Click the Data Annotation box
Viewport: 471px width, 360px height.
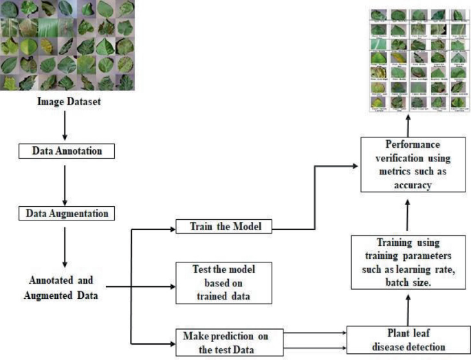tap(63, 149)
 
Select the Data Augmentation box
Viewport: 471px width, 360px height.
tap(63, 214)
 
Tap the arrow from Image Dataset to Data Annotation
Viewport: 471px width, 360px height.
tap(63, 126)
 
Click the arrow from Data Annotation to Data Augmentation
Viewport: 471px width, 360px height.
tap(63, 181)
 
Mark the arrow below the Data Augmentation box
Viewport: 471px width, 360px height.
tap(63, 247)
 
